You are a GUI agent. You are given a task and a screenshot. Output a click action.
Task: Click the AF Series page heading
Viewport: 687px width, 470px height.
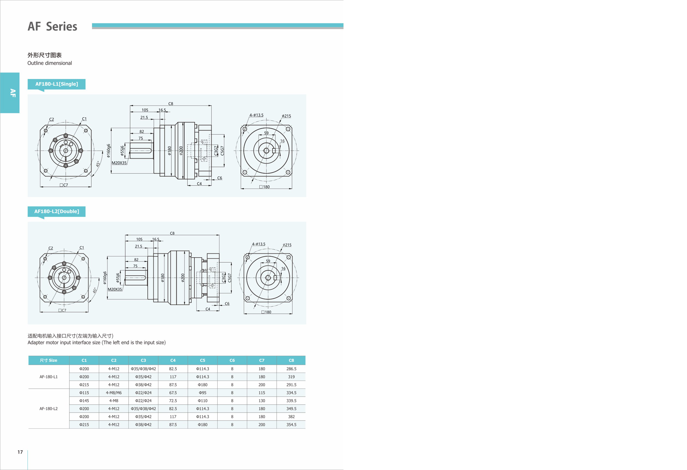(52, 26)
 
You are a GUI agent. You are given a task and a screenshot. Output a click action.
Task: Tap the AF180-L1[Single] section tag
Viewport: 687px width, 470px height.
(57, 84)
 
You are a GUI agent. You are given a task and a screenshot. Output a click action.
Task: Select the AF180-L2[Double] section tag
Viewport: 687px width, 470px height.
(57, 211)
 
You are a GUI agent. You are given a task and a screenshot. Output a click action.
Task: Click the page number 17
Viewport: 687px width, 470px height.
(20, 452)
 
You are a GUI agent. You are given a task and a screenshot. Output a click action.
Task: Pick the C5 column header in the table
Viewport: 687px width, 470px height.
(203, 360)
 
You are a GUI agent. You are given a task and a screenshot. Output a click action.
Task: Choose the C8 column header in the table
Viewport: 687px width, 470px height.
(291, 360)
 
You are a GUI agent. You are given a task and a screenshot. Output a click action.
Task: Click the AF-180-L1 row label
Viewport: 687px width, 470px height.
(49, 377)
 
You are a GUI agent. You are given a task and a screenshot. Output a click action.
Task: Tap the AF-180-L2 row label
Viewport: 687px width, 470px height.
(49, 409)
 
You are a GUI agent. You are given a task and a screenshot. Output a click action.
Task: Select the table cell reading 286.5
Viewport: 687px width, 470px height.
(291, 369)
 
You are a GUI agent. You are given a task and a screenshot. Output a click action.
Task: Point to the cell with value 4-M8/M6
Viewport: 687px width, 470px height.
(114, 393)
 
